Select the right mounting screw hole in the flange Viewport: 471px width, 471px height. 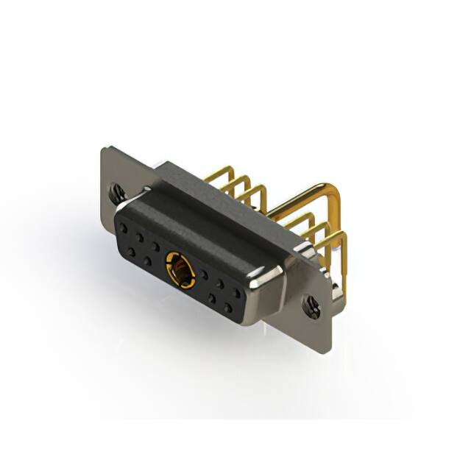click(x=313, y=307)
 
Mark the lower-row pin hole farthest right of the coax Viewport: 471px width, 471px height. click(x=228, y=306)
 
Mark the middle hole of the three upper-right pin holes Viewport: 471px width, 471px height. click(x=221, y=283)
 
